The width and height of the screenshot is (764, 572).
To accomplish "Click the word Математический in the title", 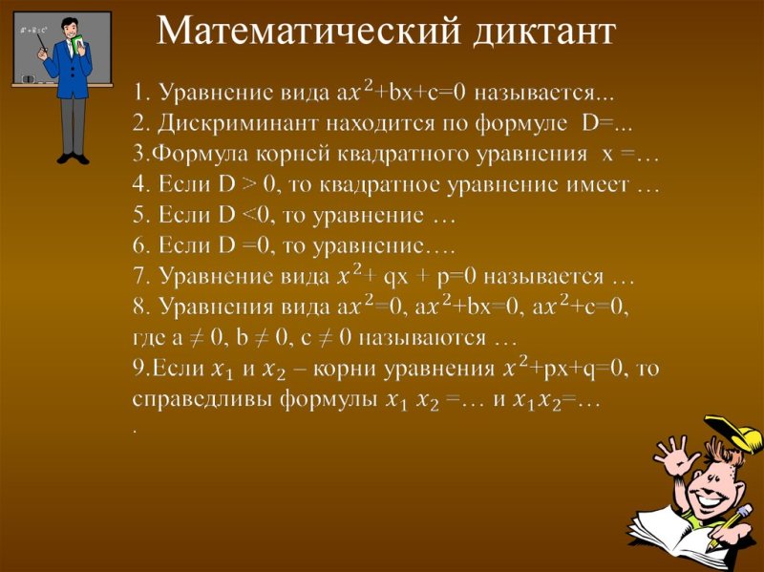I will [308, 31].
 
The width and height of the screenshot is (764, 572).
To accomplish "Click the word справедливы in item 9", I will [202, 399].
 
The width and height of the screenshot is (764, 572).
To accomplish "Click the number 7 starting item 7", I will [138, 277].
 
